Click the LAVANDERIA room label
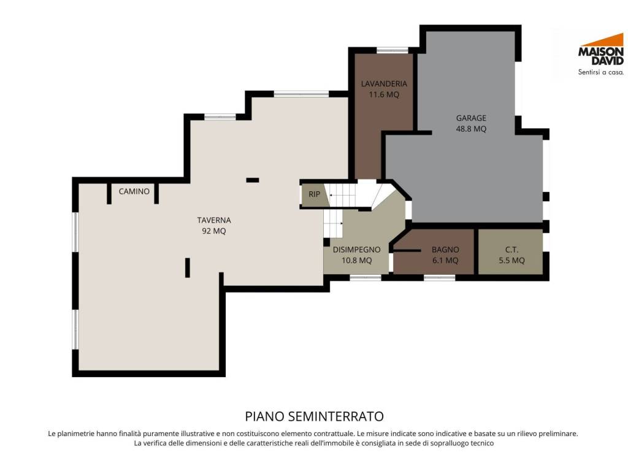(384, 83)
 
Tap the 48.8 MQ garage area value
(471, 129)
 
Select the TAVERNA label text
(214, 220)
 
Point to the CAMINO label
(134, 191)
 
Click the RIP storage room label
(315, 194)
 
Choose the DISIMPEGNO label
(356, 250)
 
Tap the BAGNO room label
(445, 250)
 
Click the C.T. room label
(512, 250)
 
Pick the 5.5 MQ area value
(512, 260)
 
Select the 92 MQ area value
(214, 231)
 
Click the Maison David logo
(601, 54)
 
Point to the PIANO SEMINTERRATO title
(315, 416)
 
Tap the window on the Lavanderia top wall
(392, 50)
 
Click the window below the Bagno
(439, 277)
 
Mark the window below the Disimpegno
(366, 277)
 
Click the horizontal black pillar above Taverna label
(252, 180)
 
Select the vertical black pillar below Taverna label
(188, 267)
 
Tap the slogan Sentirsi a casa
(601, 72)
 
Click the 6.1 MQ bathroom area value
(445, 260)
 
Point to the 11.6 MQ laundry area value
(384, 94)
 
